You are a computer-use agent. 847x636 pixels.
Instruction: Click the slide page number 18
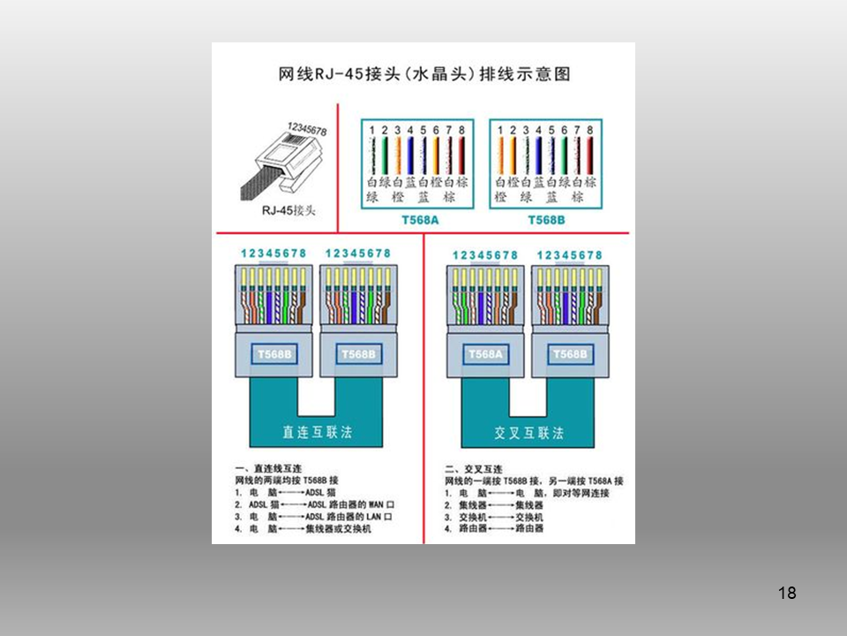pyautogui.click(x=788, y=593)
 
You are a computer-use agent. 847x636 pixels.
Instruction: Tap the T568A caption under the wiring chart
pyautogui.click(x=419, y=219)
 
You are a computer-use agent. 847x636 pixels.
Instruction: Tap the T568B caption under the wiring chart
pyautogui.click(x=546, y=219)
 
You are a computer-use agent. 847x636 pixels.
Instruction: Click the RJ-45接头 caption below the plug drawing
pyautogui.click(x=288, y=210)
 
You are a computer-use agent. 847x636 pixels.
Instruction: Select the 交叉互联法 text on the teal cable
pyautogui.click(x=528, y=433)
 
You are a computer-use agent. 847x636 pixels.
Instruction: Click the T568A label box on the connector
pyautogui.click(x=484, y=354)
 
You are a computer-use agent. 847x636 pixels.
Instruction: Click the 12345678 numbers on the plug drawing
pyautogui.click(x=307, y=129)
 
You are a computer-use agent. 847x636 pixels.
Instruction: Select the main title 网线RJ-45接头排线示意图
pyautogui.click(x=423, y=73)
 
